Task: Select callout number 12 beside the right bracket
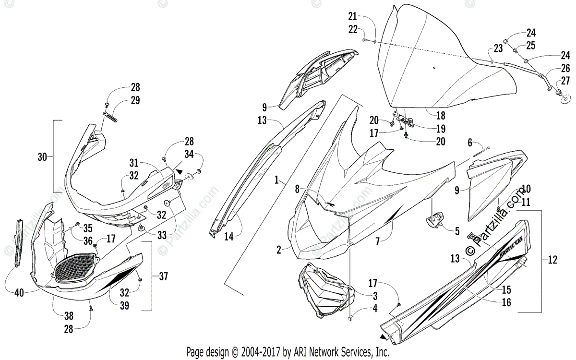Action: (552, 260)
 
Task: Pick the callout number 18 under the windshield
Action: (440, 115)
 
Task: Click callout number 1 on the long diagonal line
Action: (277, 180)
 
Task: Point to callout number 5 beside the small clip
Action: (457, 230)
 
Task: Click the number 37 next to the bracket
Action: (163, 276)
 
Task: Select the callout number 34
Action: (189, 154)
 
